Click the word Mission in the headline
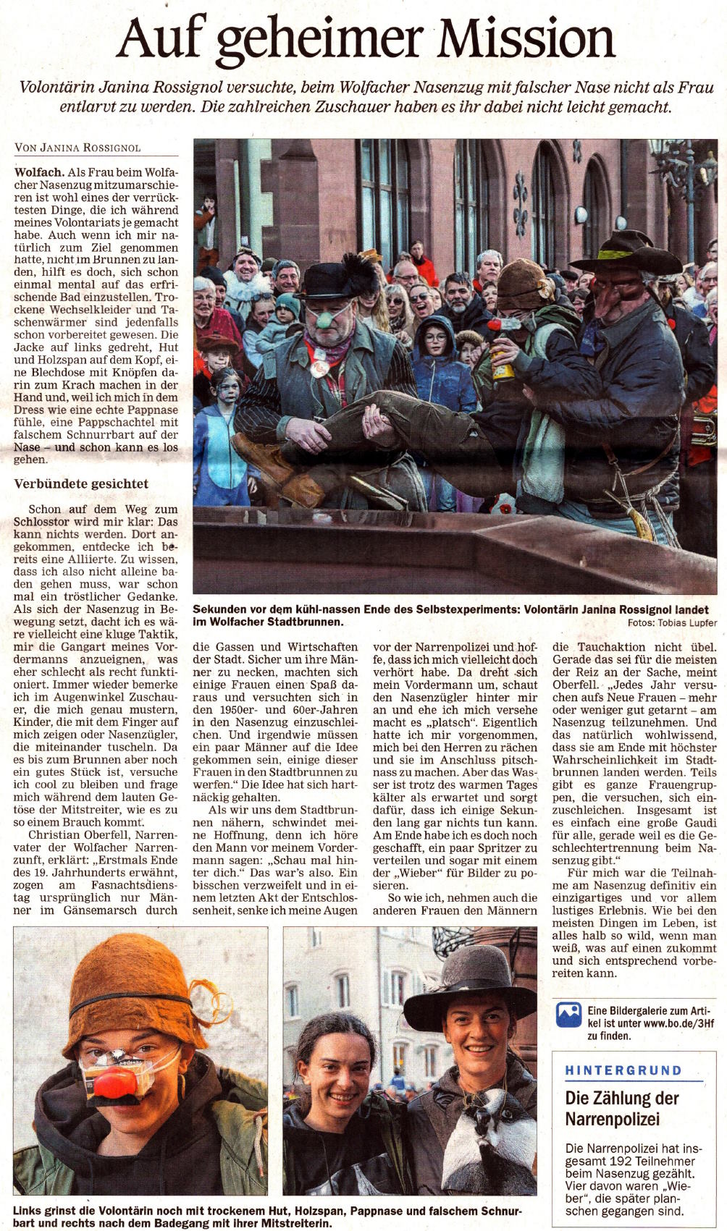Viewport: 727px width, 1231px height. [x=526, y=40]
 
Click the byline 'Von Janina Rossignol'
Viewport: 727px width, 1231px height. [x=77, y=148]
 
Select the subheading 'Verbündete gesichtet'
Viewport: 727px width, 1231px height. [x=81, y=483]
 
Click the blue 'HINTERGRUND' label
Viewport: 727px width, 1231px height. [x=623, y=1070]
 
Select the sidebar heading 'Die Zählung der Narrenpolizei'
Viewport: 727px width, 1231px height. [x=621, y=1109]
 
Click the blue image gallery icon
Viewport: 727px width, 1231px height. [x=568, y=1015]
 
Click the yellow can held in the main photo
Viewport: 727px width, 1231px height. [x=503, y=365]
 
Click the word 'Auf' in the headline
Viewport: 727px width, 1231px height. [x=163, y=40]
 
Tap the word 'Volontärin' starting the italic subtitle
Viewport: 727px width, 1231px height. [x=54, y=88]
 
